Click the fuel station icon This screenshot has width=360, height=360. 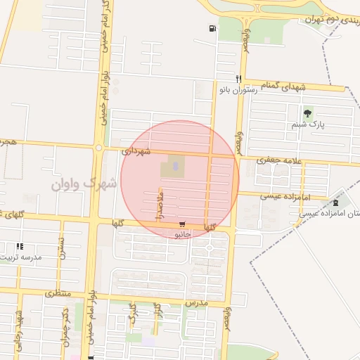click(212, 29)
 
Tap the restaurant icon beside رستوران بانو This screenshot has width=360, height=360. click(239, 79)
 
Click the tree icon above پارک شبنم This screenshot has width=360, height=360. click(307, 113)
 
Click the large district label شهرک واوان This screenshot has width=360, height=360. click(82, 183)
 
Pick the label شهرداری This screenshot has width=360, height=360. click(136, 150)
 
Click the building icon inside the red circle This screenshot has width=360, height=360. click(175, 166)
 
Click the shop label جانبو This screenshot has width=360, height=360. click(183, 233)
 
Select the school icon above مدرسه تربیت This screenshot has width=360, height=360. click(19, 247)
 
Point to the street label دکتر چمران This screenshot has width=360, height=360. click(65, 319)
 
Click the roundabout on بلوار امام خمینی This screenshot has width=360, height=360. click(99, 148)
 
